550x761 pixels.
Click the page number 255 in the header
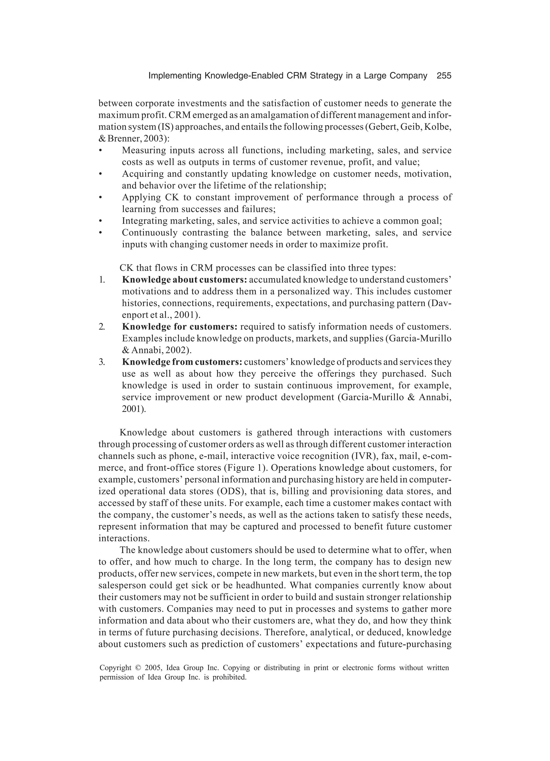(444, 76)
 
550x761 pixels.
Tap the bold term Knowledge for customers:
(180, 326)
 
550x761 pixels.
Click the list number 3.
(102, 362)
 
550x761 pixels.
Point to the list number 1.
(102, 280)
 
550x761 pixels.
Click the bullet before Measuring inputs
(100, 150)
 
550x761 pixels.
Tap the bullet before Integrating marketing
(100, 221)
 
